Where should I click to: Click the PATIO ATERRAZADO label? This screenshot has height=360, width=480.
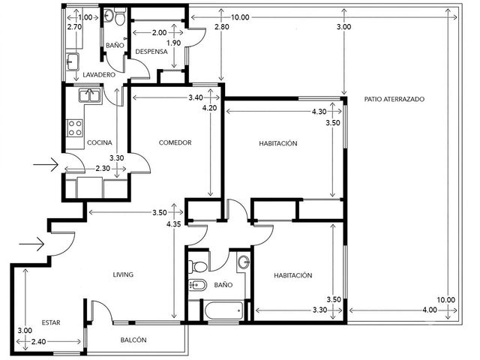coord(394,99)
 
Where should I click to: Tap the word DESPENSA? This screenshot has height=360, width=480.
coord(151,52)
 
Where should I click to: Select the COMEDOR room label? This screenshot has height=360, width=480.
coord(175,142)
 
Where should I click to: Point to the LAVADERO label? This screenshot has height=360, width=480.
coord(99,75)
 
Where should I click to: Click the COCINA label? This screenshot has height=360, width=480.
coord(100,142)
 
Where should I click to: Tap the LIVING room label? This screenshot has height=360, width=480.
coord(123,274)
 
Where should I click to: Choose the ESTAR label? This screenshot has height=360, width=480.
coord(51,322)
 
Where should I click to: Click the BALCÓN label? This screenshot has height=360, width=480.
coord(133,340)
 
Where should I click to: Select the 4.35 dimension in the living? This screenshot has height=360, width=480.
coord(173,224)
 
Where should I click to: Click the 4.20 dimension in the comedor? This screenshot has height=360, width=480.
coord(210,108)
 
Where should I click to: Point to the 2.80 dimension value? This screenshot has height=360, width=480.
coord(222,27)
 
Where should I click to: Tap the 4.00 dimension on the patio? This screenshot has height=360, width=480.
coord(430,310)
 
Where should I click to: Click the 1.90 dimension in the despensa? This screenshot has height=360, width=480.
coord(173,43)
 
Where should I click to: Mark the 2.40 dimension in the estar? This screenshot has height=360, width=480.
coord(39,342)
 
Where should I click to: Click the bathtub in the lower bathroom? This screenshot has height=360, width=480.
coord(223,310)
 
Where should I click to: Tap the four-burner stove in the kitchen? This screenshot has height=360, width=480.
coord(75,128)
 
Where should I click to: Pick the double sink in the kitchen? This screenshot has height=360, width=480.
coord(90,95)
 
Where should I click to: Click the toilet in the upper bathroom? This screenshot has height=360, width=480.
coord(119,16)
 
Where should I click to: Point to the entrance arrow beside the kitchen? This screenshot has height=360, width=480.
coord(46,165)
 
